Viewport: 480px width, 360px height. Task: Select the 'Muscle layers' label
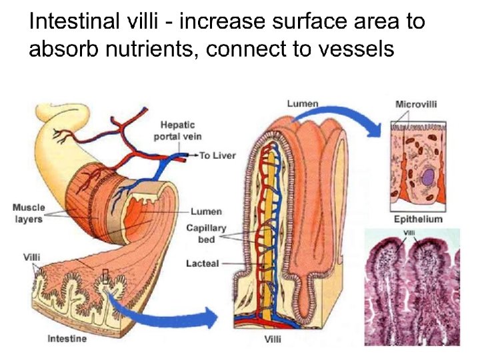point(28,213)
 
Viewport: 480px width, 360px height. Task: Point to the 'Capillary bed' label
point(206,233)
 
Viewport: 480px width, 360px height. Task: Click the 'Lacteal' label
point(202,263)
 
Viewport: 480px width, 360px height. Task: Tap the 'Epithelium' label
point(418,219)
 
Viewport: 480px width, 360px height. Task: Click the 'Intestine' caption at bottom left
point(67,339)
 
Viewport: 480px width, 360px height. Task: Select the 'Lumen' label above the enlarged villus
point(302,103)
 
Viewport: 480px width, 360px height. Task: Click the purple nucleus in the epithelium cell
point(427,177)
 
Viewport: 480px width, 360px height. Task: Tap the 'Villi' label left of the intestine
point(31,256)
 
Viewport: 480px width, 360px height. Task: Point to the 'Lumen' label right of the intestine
point(206,211)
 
